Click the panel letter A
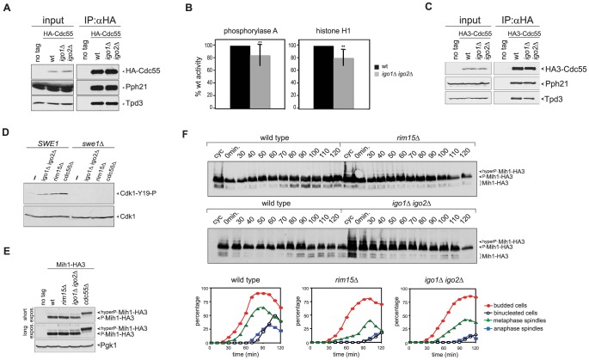(7, 8)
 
